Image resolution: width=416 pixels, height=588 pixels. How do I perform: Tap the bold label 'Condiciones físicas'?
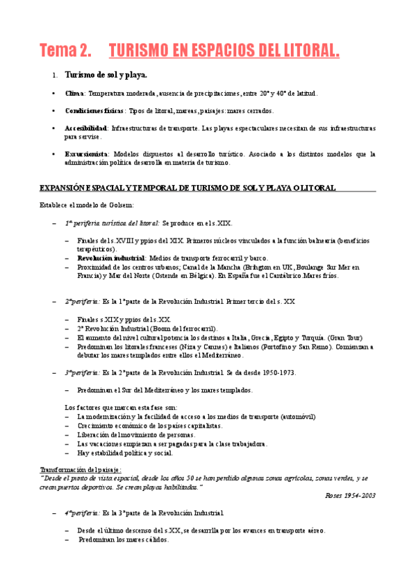tap(92, 111)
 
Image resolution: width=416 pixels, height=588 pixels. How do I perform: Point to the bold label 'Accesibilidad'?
tap(86, 128)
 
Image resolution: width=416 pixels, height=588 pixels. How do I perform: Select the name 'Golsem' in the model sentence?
tap(121, 205)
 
